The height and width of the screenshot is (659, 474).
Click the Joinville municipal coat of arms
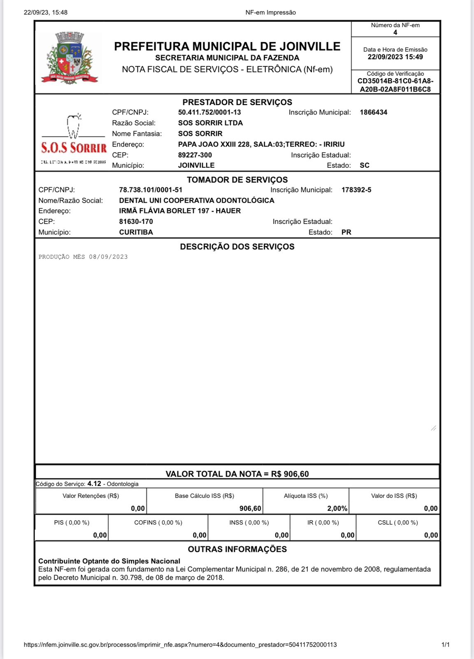tap(70, 58)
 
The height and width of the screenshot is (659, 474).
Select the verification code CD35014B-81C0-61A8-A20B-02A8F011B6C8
tap(395, 85)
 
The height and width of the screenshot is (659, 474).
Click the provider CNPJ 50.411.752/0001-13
tap(209, 112)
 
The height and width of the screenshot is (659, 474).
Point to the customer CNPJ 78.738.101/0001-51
tap(151, 190)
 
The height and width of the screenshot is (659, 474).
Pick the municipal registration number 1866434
tap(373, 112)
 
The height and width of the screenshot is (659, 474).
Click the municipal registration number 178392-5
tap(356, 190)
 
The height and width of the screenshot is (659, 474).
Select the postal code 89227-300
tap(195, 155)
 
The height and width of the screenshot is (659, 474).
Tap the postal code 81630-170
tap(136, 222)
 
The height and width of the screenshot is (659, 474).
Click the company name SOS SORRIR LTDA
tap(210, 123)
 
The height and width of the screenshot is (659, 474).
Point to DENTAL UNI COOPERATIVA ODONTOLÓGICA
tap(197, 201)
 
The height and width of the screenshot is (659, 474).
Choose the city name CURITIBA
tap(136, 232)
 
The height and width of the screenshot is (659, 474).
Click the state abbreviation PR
tap(346, 232)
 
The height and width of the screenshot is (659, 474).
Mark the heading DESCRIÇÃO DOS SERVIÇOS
tap(237, 247)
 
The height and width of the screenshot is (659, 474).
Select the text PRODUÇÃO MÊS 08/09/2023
tap(83, 257)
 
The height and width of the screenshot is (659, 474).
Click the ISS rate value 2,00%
tap(337, 509)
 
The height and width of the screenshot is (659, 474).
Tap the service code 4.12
tap(94, 484)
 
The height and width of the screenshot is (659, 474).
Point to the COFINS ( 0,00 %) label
tap(158, 523)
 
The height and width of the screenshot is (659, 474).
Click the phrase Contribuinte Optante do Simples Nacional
tap(109, 561)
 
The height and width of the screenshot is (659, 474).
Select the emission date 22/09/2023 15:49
tap(395, 57)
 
